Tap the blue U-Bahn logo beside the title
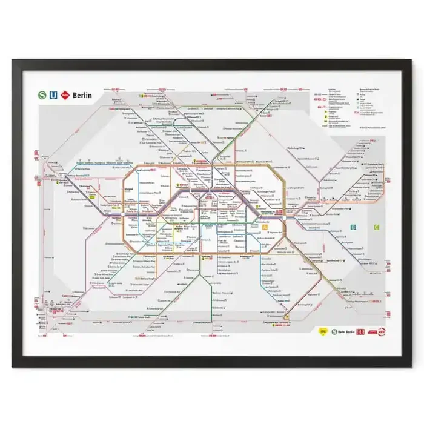pos(54,94)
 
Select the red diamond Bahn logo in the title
pos(65,94)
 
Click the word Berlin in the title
pos(82,95)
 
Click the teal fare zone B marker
pos(353,227)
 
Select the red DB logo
pos(361,332)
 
